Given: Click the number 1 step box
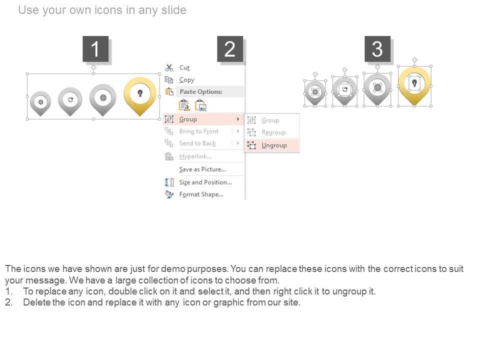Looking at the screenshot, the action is coord(95,49).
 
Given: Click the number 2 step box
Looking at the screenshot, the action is coord(230,49).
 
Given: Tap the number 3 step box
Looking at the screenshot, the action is coord(377,49).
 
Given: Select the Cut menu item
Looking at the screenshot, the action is coord(184,67).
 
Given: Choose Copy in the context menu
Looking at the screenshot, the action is coord(186,80).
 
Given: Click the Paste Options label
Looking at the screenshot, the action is coord(201,91).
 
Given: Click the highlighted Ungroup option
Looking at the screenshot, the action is coord(274,145).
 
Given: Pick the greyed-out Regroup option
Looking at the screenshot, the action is coord(273,132).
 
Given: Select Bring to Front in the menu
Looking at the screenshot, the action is coord(198,131).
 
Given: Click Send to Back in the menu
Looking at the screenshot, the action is coord(197,143).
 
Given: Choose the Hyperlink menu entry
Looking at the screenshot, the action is coord(195,156).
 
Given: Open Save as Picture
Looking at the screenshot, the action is coord(202,169).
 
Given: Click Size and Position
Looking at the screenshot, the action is coord(205,182).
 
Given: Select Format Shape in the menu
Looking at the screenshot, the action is coord(201,194).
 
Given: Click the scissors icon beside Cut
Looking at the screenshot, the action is coord(169,67).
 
